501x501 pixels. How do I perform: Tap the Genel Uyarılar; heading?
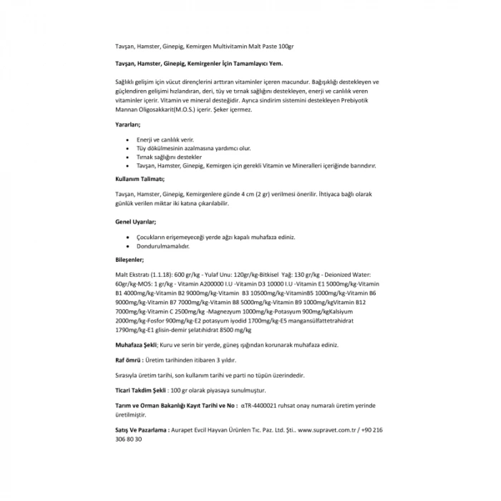136,222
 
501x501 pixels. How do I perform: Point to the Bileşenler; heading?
130,259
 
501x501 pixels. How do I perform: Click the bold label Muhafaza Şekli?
136,344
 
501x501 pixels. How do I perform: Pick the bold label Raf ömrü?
129,360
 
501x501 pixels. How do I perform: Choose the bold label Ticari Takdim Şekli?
142,390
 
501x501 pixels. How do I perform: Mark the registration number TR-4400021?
265,405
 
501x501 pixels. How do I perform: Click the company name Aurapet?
184,430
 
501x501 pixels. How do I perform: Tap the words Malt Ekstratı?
132,275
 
